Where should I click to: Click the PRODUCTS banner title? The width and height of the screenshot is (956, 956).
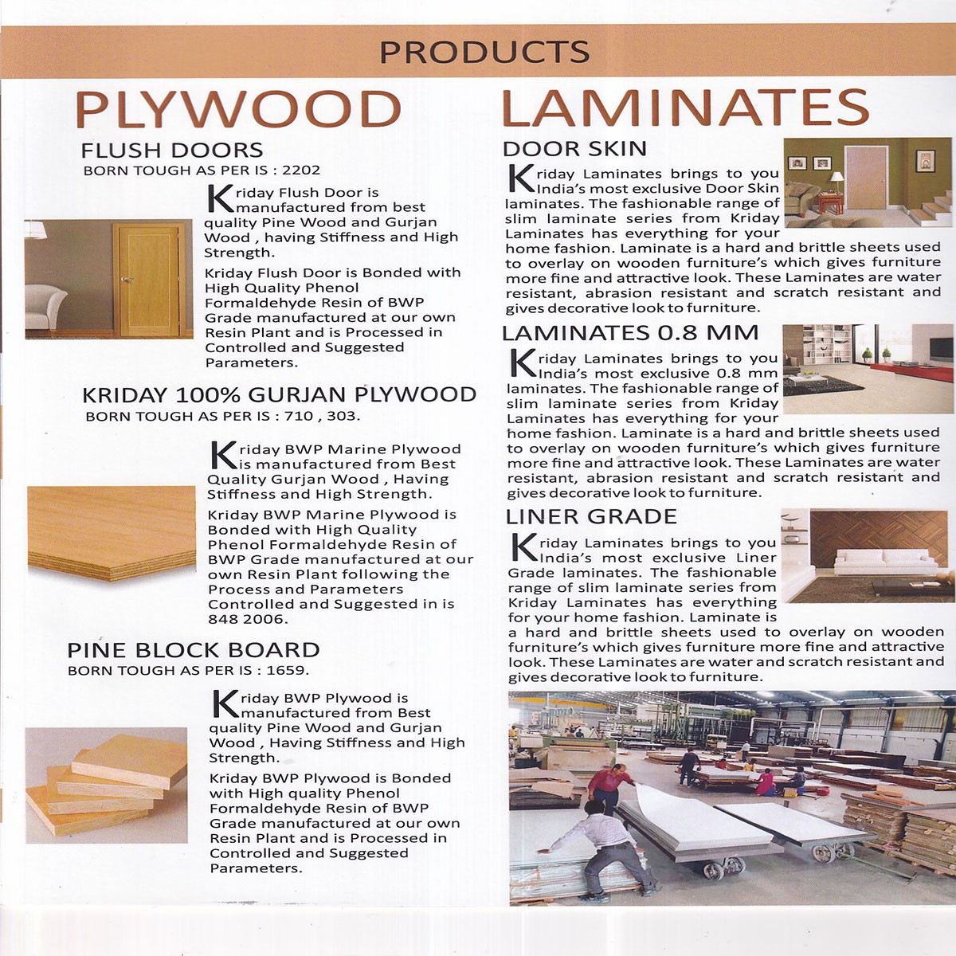click(x=484, y=52)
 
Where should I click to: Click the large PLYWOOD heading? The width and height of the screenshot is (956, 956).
click(x=237, y=109)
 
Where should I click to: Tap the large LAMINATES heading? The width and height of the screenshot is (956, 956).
click(x=684, y=108)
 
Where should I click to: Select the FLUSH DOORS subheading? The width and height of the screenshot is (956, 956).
click(x=171, y=150)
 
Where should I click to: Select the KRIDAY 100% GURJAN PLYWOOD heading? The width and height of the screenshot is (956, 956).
click(x=279, y=394)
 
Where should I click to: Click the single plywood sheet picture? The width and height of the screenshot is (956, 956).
click(x=112, y=532)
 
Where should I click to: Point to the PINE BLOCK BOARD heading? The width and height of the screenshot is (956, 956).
click(x=194, y=650)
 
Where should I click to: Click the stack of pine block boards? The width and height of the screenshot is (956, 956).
click(x=107, y=785)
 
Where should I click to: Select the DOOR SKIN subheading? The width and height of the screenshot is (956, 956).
click(x=574, y=149)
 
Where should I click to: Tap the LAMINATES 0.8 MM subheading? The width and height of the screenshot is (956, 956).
click(x=630, y=333)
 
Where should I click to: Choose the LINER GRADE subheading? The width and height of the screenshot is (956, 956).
click(x=591, y=516)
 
